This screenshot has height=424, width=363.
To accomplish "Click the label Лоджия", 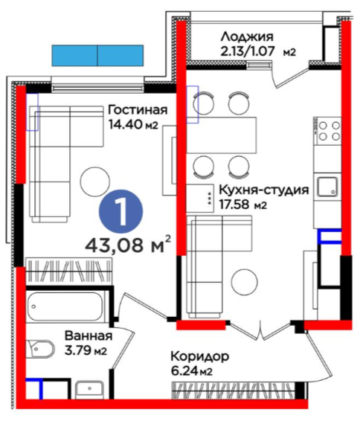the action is pyautogui.click(x=247, y=36).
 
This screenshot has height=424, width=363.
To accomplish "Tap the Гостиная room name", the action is pyautogui.click(x=138, y=110).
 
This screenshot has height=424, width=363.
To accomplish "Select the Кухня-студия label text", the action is pyautogui.click(x=264, y=190).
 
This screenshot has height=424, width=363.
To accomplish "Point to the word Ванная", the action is pyautogui.click(x=89, y=336).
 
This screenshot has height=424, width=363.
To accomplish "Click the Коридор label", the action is pyautogui.click(x=200, y=357).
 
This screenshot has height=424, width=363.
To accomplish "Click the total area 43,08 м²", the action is pyautogui.click(x=128, y=245).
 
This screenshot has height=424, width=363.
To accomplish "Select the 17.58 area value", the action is pyautogui.click(x=234, y=205).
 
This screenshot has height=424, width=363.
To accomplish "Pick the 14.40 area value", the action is pyautogui.click(x=125, y=124).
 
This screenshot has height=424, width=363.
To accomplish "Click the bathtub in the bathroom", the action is pyautogui.click(x=65, y=306).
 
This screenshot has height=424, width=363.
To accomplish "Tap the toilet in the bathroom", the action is pyautogui.click(x=41, y=348).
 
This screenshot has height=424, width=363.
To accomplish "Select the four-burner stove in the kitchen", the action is pyautogui.click(x=327, y=131).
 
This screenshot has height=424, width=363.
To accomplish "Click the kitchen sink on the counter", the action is pyautogui.click(x=327, y=187).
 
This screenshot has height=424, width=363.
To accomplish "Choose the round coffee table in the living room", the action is pyautogui.click(x=95, y=182).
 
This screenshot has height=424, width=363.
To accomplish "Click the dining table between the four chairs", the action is pyautogui.click(x=222, y=135).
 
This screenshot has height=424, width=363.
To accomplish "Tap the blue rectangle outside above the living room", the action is pyautogui.click(x=97, y=56).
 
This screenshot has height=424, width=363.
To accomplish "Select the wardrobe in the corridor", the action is pyautogui.click(x=234, y=391).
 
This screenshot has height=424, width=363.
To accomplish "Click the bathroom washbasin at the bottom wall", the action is pyautogui.click(x=89, y=390).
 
